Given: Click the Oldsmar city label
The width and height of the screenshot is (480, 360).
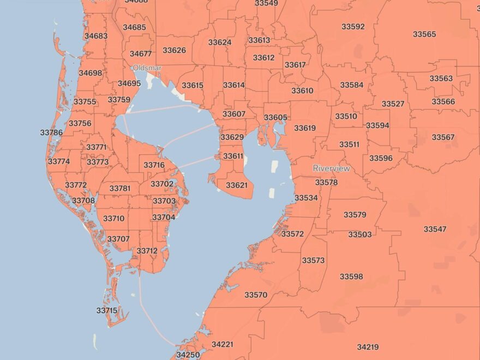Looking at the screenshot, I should pos(147,68).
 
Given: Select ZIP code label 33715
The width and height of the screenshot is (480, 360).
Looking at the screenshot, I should pos(107,310).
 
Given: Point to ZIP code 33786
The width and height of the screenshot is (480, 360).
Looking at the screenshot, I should pos(51,133).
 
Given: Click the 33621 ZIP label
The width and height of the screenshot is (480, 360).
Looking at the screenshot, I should pos(237,185).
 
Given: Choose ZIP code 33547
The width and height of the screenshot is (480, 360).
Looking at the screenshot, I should pos(435,229).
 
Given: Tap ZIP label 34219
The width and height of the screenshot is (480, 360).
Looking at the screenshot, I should pos(368,347).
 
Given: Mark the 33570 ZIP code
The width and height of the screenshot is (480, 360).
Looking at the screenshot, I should pos(256,295).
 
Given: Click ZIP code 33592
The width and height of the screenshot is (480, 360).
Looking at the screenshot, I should pos(353,27).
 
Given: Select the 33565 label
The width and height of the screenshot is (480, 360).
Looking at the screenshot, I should pos(424,34).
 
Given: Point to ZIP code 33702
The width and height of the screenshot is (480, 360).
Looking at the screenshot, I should pos(162,184).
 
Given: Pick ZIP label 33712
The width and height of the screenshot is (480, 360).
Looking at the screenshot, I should pos(147,251).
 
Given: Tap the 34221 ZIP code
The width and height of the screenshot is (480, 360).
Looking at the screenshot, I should pos(222,344).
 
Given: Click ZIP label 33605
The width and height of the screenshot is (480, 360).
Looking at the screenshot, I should pos(275,118).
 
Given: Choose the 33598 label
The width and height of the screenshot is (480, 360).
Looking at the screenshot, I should pos(351,277).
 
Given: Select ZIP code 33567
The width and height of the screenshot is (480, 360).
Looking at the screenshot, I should pos(443,137).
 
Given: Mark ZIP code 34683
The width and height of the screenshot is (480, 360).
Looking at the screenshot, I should pos(96,36).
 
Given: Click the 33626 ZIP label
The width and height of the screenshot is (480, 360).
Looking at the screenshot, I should pos(174,51).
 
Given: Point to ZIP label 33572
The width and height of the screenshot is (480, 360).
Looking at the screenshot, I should pos(292,234).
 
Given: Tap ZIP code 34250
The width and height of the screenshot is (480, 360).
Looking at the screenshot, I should pos(188,355).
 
